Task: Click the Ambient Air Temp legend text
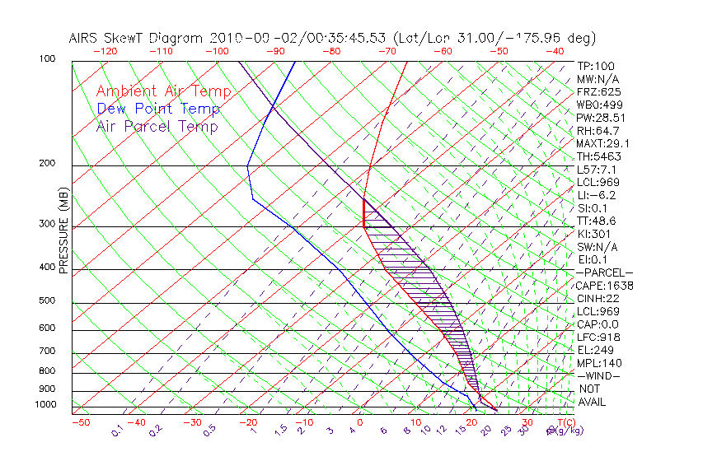163,91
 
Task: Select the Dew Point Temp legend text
158,109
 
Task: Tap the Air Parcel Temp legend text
157,126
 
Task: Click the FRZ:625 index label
598,91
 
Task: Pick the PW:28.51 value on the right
601,118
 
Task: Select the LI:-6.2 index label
596,195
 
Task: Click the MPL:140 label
598,363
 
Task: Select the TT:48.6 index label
597,221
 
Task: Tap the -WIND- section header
598,375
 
